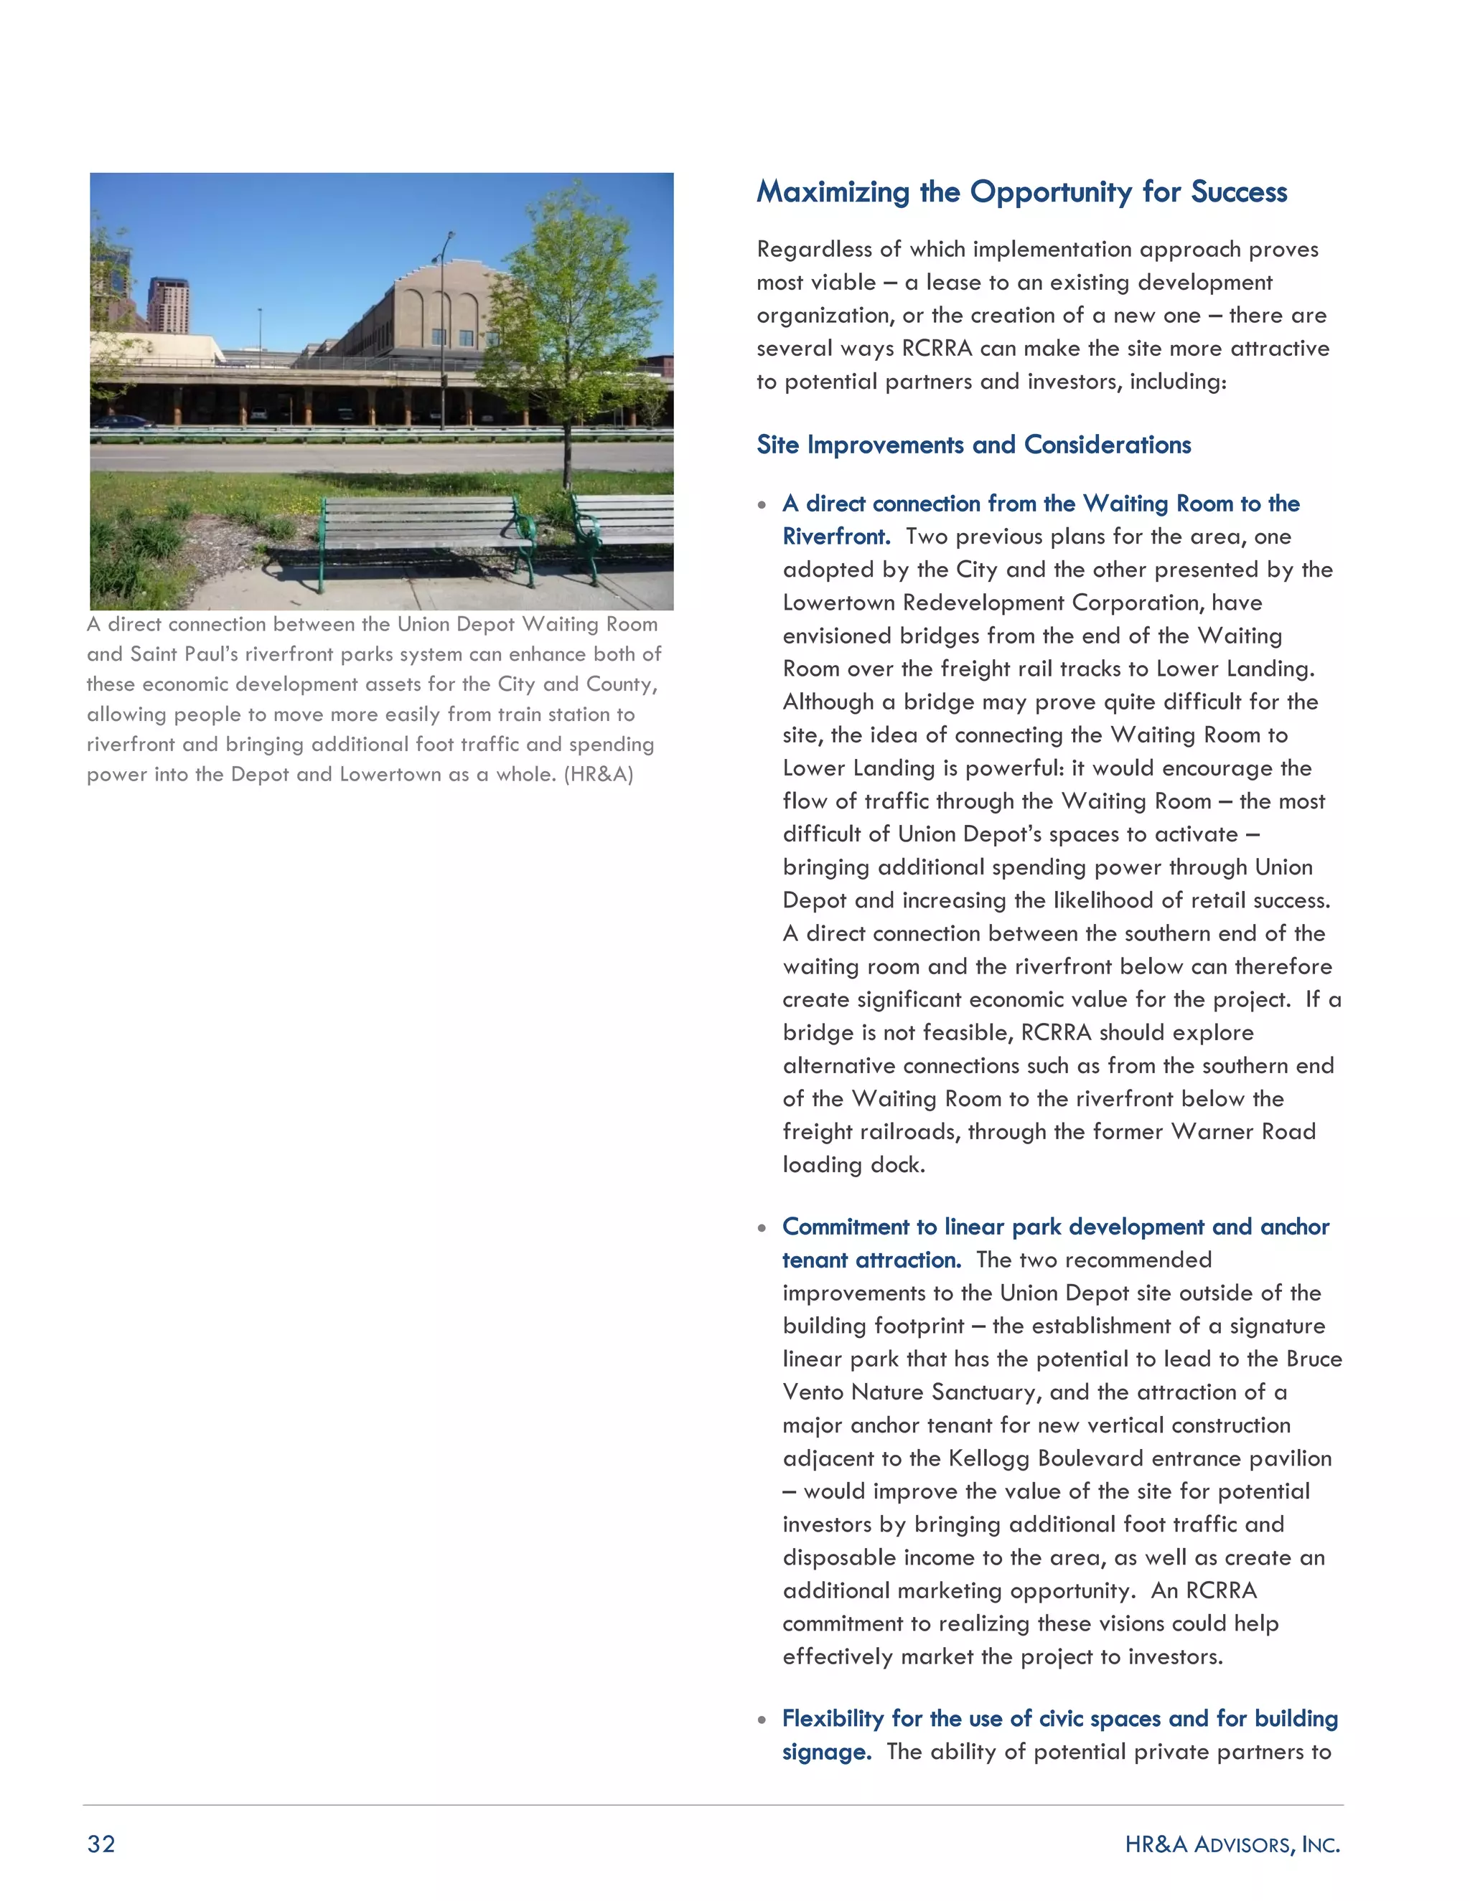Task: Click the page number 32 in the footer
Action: click(101, 1844)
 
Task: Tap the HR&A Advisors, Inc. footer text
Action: click(1232, 1844)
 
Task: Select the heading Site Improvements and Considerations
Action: click(973, 445)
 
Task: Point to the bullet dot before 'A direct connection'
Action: click(762, 505)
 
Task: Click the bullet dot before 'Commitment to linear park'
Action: click(762, 1228)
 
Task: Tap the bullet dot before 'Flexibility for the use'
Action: click(762, 1720)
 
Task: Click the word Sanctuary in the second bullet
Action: click(984, 1392)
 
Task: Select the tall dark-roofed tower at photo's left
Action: click(167, 305)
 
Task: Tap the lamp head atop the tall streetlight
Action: click(449, 236)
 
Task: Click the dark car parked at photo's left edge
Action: click(122, 422)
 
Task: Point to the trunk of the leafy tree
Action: click(567, 453)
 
